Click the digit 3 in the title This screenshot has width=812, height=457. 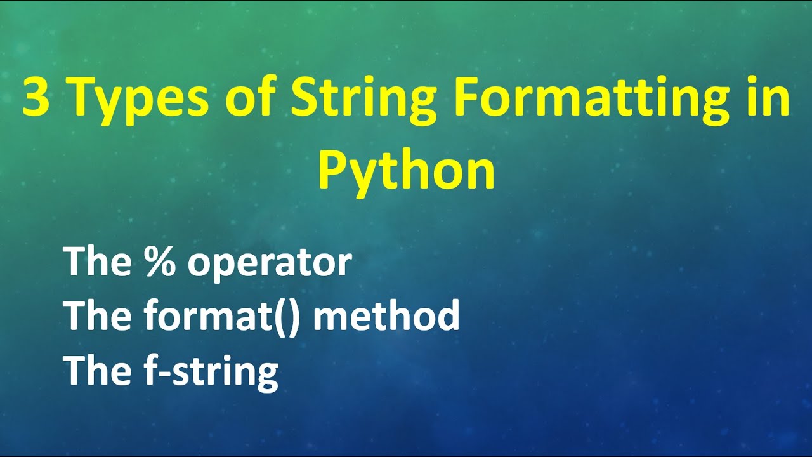tap(36, 98)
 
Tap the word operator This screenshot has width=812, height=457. tap(269, 263)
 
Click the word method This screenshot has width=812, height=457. tap(386, 315)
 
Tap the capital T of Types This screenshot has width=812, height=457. tap(82, 98)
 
